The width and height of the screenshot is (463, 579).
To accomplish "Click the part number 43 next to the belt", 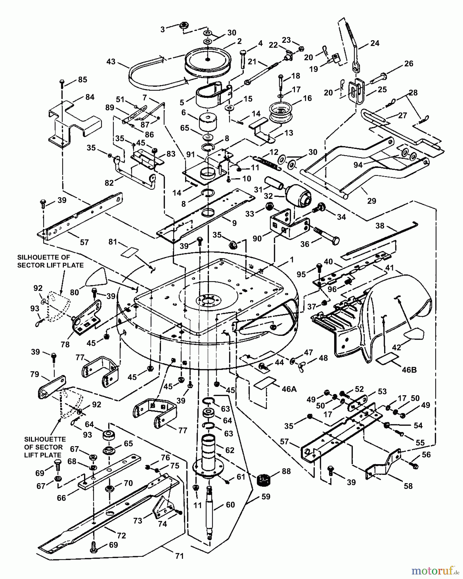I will pos(111,61).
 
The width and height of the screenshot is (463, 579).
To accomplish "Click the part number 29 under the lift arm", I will pos(372,201).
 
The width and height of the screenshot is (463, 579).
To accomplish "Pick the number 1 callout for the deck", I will pos(292,260).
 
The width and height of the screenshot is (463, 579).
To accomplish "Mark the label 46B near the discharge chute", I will pos(409,370).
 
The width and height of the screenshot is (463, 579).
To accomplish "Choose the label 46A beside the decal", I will pos(289,389).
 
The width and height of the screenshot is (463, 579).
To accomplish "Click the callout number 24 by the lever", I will pos(375,43).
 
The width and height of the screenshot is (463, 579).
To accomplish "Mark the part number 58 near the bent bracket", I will pos(408,486).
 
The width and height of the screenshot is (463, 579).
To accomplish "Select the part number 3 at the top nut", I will pos(163,30).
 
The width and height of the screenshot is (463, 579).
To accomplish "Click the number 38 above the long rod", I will pos(380,226).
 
